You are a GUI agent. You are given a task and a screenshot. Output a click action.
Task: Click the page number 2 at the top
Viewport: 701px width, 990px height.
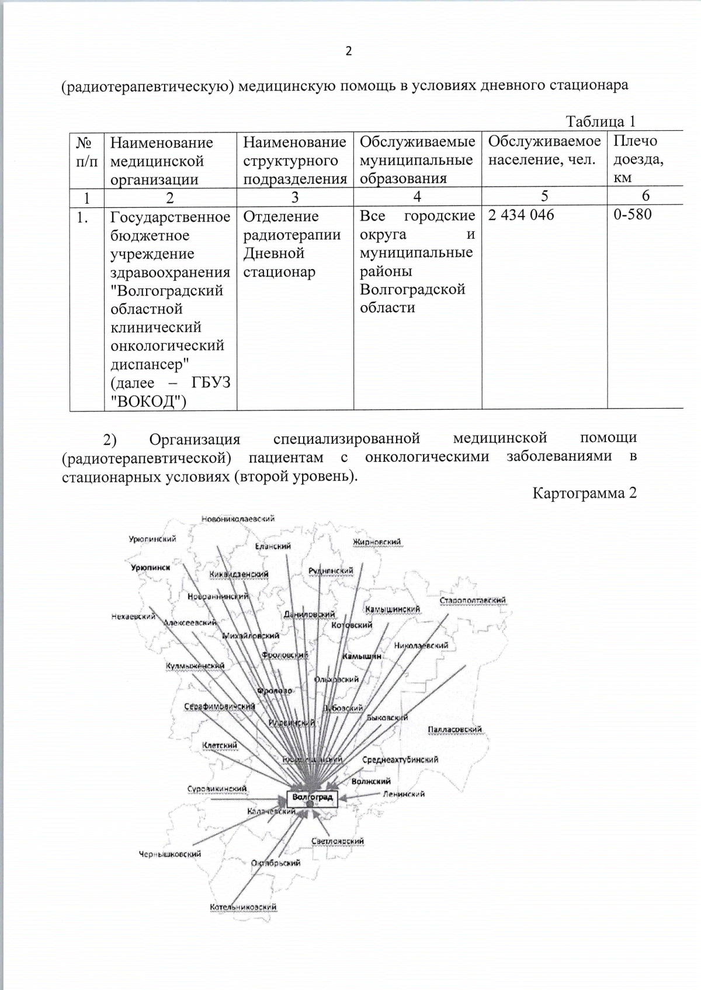(349, 51)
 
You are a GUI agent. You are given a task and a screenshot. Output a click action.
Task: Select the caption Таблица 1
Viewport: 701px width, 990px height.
(600, 121)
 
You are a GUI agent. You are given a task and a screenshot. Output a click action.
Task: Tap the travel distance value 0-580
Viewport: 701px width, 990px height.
(632, 214)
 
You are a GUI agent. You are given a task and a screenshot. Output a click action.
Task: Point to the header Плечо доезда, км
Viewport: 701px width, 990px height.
(638, 159)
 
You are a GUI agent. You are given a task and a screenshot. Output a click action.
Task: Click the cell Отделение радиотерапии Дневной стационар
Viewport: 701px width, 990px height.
(291, 244)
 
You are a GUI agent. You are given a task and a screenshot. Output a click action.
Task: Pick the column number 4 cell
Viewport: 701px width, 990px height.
(417, 197)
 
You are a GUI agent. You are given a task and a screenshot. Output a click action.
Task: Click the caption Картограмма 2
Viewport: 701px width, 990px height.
(584, 493)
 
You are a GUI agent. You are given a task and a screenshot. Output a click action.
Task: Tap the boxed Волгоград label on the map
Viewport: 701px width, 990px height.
(313, 797)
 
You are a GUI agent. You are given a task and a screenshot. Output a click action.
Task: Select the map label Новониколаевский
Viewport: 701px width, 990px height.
(238, 519)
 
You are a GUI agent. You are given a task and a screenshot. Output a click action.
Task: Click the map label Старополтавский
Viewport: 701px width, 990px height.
(473, 601)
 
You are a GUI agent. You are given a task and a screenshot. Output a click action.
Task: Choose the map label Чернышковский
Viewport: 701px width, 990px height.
(169, 854)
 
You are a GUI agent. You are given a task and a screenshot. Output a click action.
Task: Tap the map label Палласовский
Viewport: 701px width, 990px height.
(454, 730)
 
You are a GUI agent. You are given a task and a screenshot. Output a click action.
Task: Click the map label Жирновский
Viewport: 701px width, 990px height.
(377, 542)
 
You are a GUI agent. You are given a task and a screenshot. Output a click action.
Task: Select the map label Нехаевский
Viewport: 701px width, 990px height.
(133, 616)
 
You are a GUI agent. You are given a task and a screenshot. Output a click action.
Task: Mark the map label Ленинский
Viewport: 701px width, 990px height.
(404, 794)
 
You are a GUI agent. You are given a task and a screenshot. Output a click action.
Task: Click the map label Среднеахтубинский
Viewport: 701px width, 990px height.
(400, 760)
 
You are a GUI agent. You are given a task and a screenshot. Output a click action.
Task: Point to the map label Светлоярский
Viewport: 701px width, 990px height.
(338, 841)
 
